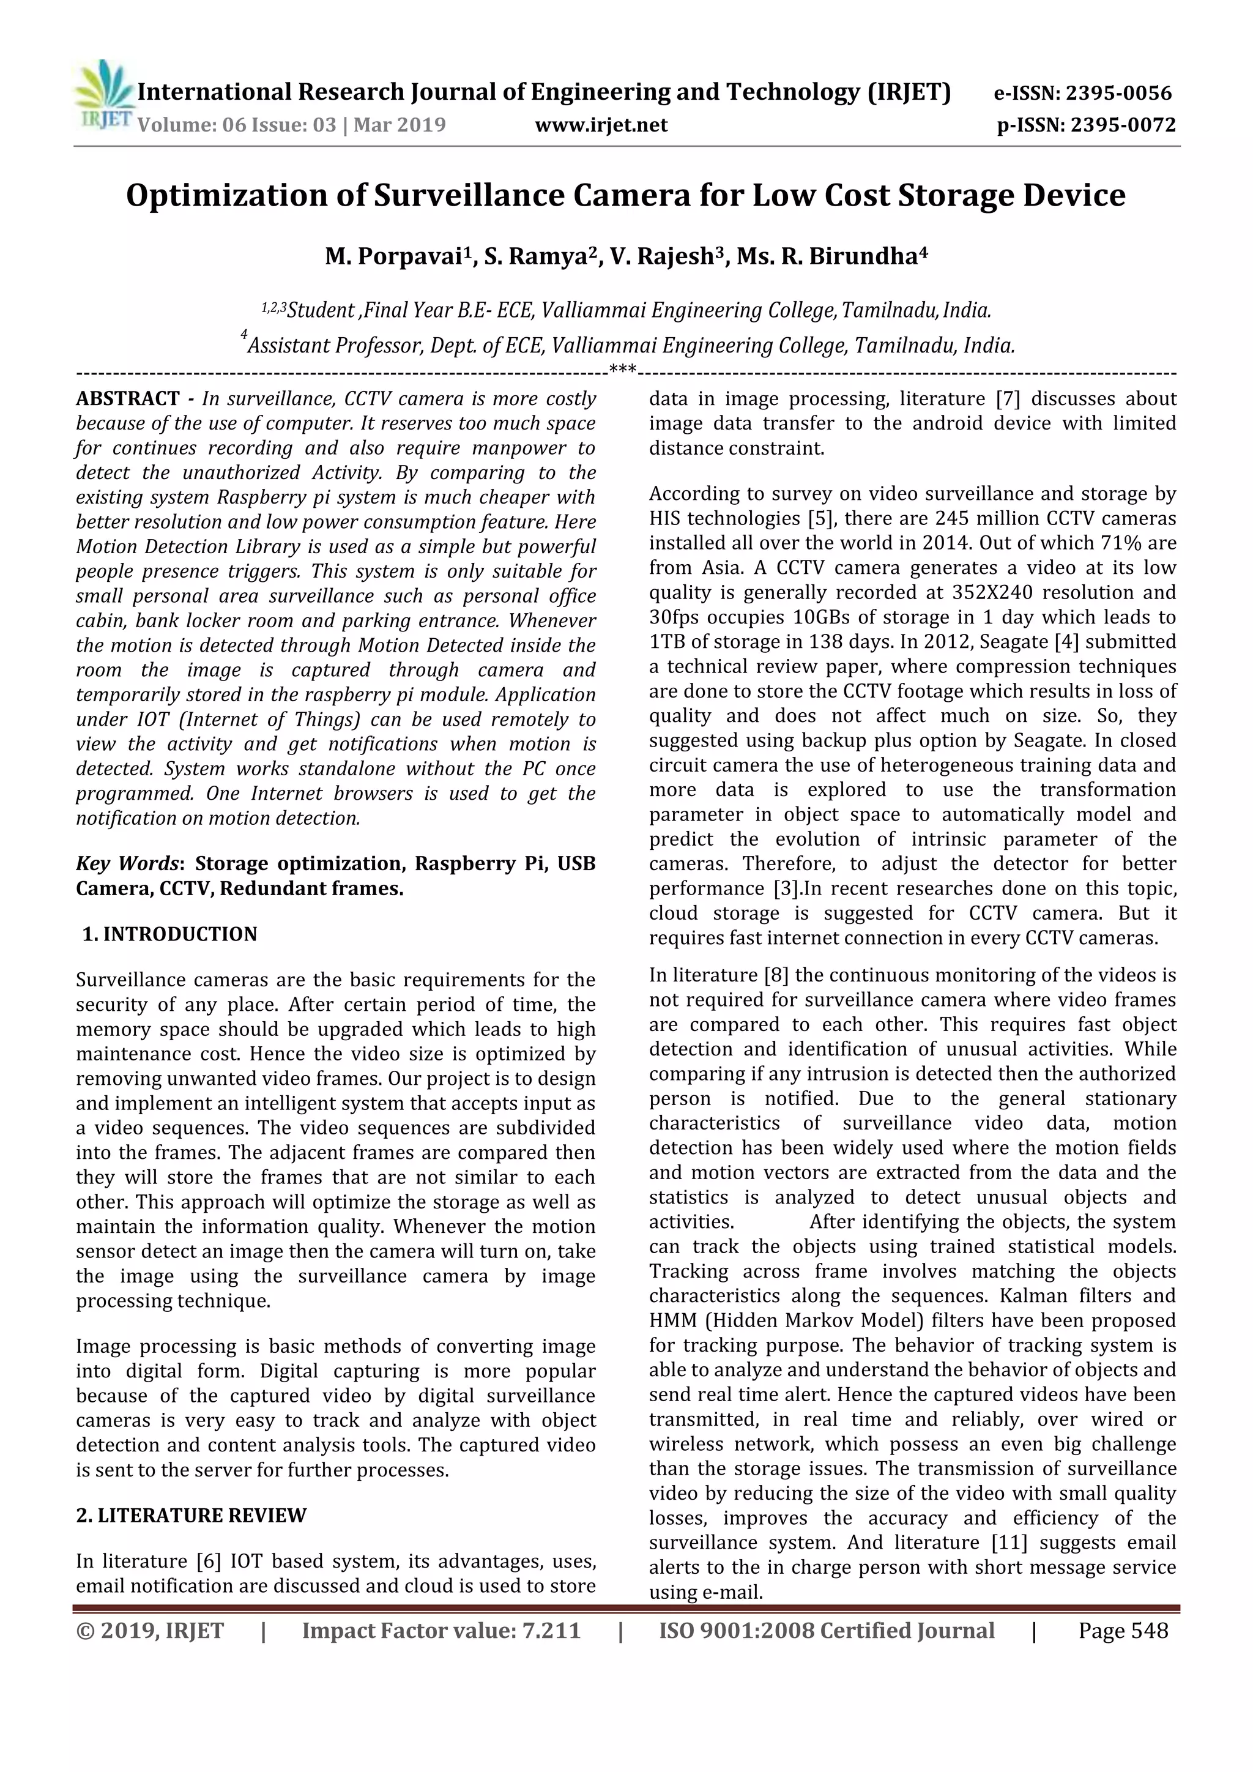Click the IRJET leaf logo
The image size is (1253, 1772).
[103, 94]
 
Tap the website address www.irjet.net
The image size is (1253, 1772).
[601, 125]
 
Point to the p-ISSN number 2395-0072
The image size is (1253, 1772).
[1123, 125]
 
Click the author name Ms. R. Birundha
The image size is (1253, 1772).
[831, 256]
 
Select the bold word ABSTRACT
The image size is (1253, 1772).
[127, 399]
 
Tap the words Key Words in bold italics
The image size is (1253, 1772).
[127, 863]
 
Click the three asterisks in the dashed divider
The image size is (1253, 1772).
[623, 369]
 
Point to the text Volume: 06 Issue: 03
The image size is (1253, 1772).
[237, 125]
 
